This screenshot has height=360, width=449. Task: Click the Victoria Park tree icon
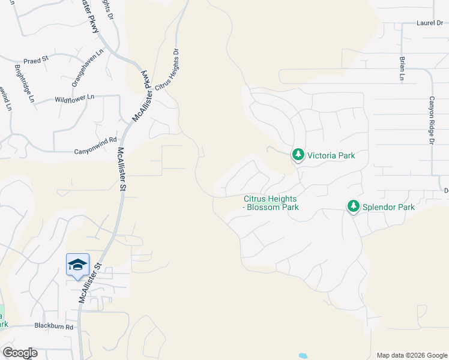click(x=298, y=155)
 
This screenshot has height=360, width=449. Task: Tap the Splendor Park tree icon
click(x=354, y=207)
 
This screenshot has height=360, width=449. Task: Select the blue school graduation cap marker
click(x=77, y=265)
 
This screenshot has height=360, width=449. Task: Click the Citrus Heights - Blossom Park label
click(x=271, y=203)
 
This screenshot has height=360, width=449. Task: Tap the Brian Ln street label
click(x=402, y=68)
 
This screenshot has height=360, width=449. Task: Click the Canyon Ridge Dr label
click(x=431, y=121)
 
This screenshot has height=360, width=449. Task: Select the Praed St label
click(x=35, y=61)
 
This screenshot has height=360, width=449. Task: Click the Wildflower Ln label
click(x=74, y=98)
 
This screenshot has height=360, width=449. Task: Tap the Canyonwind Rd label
click(x=95, y=152)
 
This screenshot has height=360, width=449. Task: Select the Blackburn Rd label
click(x=53, y=327)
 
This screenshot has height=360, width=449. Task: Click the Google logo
click(x=20, y=353)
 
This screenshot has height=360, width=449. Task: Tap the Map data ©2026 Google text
click(x=411, y=355)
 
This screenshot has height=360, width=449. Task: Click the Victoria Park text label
click(x=331, y=155)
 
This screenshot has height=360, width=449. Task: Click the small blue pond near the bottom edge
click(x=303, y=355)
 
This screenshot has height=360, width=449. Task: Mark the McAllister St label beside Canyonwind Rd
click(x=122, y=169)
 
